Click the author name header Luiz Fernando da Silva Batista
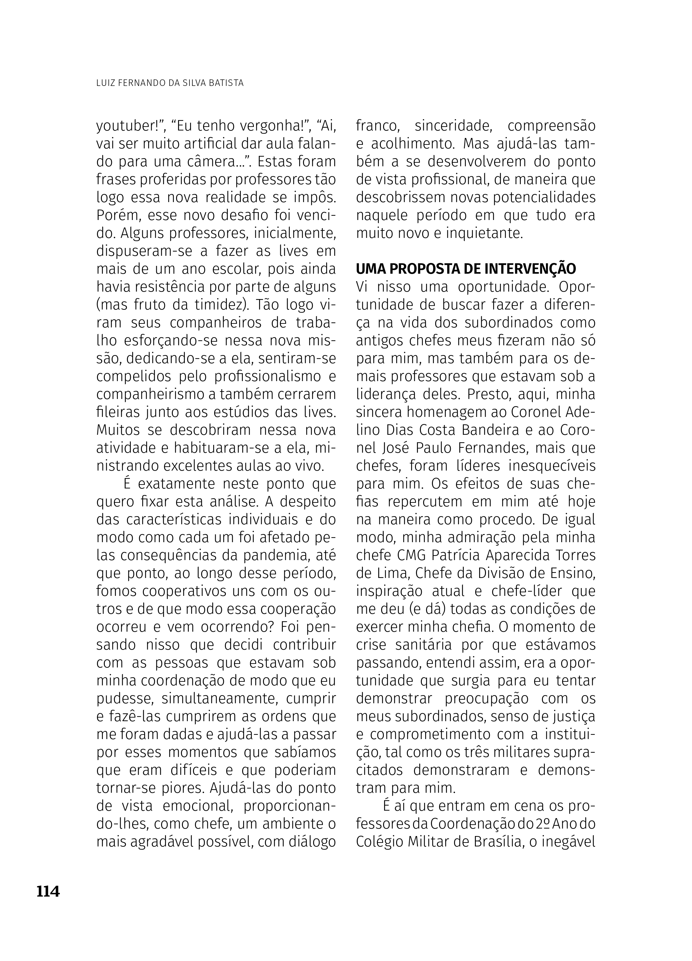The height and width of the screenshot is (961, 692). (170, 83)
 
